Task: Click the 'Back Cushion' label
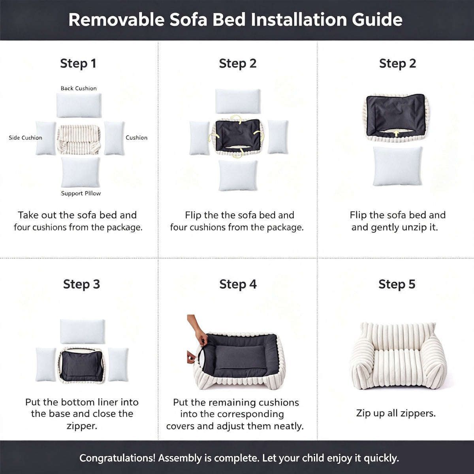tap(79, 88)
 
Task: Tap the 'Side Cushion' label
tap(25, 138)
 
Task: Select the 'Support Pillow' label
tap(81, 193)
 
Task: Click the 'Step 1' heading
tap(78, 64)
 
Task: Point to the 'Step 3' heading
tap(81, 284)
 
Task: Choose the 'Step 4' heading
tap(238, 284)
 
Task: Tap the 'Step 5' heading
tap(397, 284)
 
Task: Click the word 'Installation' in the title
tap(299, 20)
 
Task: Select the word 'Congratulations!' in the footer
tap(117, 458)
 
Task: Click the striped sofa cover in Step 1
tap(79, 139)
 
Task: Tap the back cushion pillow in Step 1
tap(79, 105)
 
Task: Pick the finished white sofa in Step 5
tap(397, 356)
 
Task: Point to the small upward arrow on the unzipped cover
tap(396, 134)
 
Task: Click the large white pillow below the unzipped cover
tap(397, 166)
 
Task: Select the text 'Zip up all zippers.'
tap(396, 413)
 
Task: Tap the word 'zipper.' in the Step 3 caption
tap(82, 426)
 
